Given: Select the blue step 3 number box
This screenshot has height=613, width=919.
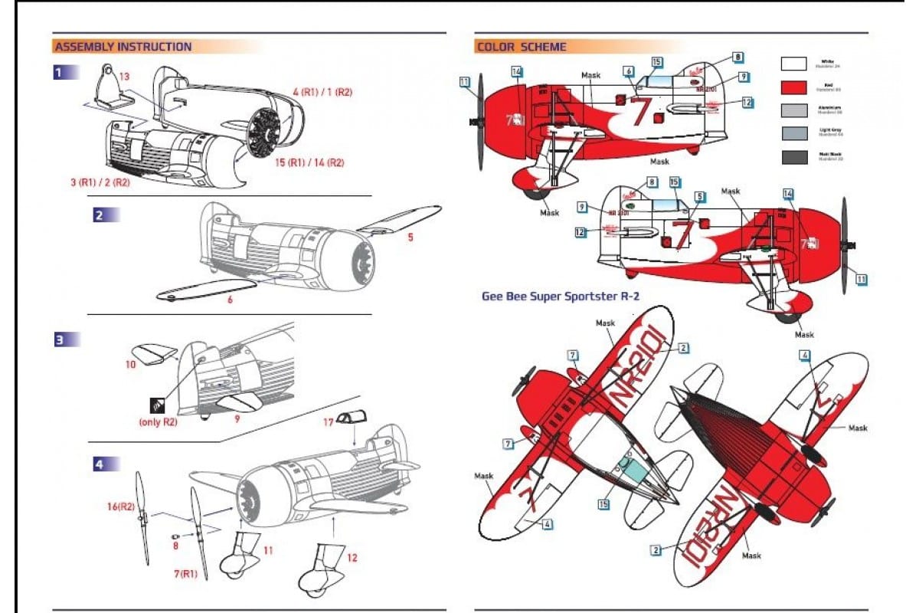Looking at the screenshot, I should (x=59, y=339).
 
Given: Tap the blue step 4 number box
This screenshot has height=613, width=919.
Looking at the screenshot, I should (x=100, y=463).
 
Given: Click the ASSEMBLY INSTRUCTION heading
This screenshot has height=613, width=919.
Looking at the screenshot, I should (x=123, y=47).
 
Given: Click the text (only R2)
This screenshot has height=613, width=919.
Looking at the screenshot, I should (x=157, y=421).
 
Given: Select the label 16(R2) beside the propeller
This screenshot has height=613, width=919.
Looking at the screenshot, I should (x=121, y=506).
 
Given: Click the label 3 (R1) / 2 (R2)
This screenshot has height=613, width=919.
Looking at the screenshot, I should (x=100, y=184).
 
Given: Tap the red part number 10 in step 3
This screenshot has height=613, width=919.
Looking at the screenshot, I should (x=129, y=365).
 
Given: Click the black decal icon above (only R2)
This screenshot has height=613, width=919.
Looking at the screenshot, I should (x=157, y=405).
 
